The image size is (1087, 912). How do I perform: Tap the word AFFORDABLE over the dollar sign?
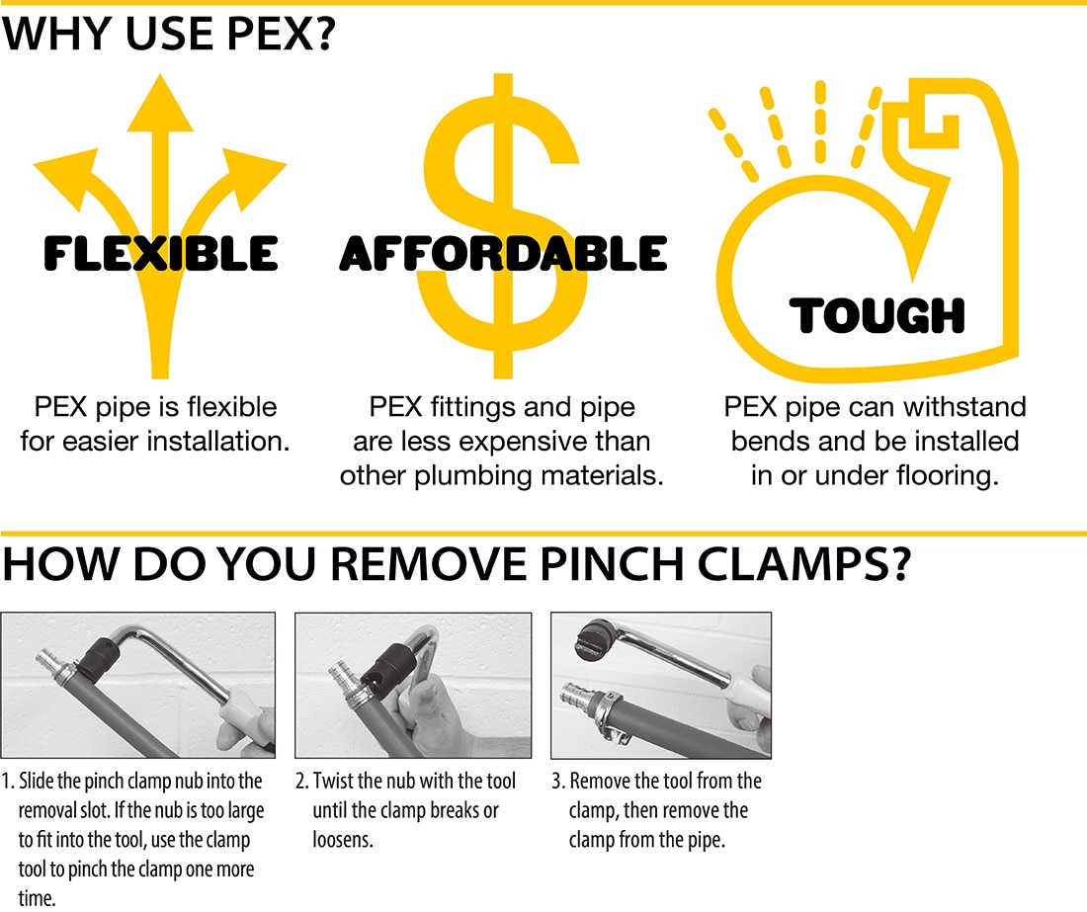point(503,255)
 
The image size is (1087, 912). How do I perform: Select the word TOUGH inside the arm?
point(877,316)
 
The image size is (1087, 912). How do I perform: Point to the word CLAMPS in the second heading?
point(774,565)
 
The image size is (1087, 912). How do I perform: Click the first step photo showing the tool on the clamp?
point(137,685)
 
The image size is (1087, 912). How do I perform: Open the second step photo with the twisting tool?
point(413,685)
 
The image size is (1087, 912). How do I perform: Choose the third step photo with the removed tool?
point(660,685)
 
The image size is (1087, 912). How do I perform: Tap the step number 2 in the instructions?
point(300,782)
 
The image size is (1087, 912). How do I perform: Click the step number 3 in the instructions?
point(556,782)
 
